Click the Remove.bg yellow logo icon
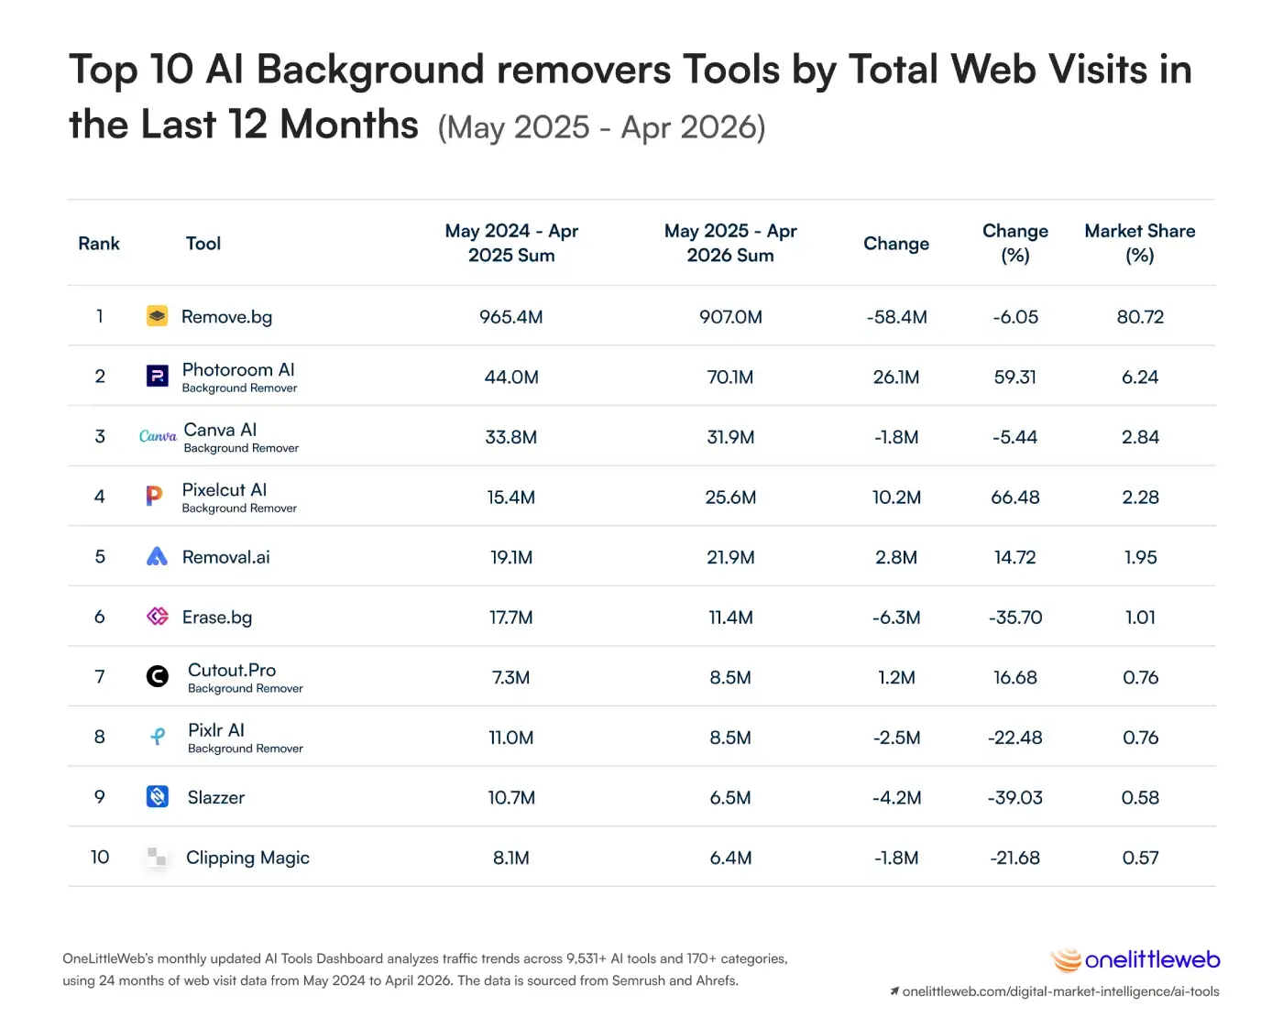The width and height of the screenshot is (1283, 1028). (x=157, y=316)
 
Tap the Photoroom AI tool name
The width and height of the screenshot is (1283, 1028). (x=238, y=370)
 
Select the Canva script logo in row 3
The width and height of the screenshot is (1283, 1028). (x=158, y=436)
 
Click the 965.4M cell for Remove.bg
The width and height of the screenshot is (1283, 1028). (x=511, y=317)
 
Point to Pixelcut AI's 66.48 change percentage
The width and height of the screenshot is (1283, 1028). (x=1014, y=498)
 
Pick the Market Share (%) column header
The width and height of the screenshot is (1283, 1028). (x=1139, y=243)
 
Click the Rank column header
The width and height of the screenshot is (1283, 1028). (x=99, y=244)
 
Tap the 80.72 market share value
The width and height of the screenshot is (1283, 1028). (x=1140, y=317)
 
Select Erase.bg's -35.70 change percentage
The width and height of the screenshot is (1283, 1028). (x=1014, y=618)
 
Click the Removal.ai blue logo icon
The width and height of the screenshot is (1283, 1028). (x=157, y=556)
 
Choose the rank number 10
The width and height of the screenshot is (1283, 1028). (x=100, y=858)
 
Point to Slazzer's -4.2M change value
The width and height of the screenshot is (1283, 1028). (x=896, y=797)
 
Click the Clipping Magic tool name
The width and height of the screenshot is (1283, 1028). (x=247, y=858)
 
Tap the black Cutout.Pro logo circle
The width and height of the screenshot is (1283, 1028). (x=158, y=676)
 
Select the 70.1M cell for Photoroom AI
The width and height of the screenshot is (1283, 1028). (x=729, y=377)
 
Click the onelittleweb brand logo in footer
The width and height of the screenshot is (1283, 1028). (x=1135, y=960)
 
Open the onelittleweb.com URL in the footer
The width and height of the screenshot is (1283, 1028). (x=1060, y=991)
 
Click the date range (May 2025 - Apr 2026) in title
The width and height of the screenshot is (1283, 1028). (x=601, y=127)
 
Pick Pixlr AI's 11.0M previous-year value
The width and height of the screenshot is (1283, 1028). (x=511, y=738)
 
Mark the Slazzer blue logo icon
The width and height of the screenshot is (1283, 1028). (x=158, y=796)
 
